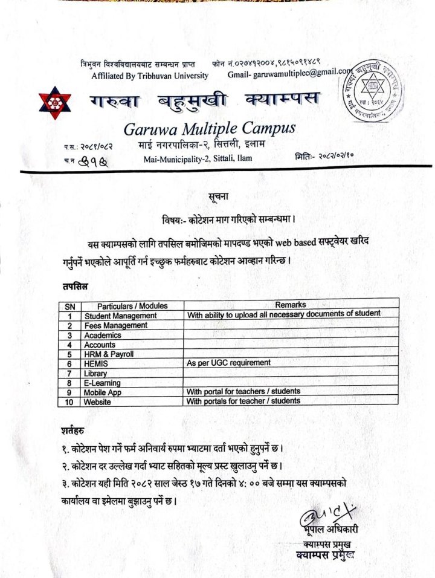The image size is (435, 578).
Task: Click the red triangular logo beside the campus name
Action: [55, 103]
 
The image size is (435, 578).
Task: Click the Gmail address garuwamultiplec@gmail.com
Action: [289, 74]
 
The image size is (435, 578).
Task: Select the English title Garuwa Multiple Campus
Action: [209, 128]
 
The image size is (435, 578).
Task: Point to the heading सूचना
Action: [217, 196]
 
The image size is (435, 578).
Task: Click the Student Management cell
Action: [121, 316]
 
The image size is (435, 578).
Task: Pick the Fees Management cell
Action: [115, 325]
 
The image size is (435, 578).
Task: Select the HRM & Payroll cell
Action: [109, 354]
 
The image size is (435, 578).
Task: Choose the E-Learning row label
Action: [102, 383]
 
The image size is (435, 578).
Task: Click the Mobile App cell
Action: [105, 392]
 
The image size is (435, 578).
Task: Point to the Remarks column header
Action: [291, 305]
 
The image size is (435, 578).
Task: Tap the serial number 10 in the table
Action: [69, 401]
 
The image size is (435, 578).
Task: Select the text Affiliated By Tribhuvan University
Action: [150, 76]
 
